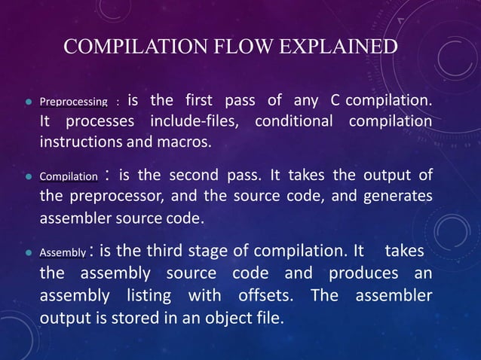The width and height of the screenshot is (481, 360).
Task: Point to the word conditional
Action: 296,121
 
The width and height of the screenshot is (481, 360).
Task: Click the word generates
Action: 398,197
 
